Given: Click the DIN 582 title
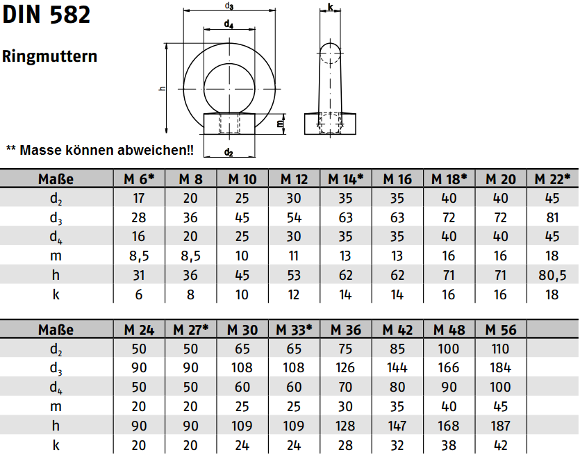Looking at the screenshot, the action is (47, 15).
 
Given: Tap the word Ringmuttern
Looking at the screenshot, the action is (49, 56).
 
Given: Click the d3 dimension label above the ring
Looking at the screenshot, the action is (229, 6).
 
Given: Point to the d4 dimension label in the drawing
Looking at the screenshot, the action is (229, 24).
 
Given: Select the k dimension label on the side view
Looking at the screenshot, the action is (331, 7).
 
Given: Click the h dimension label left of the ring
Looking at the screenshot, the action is (163, 88).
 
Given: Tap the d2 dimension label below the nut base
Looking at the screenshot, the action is (229, 152).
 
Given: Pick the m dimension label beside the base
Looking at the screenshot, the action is (281, 123).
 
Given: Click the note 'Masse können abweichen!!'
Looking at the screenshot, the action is (100, 150).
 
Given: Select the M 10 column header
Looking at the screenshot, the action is (242, 179).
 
